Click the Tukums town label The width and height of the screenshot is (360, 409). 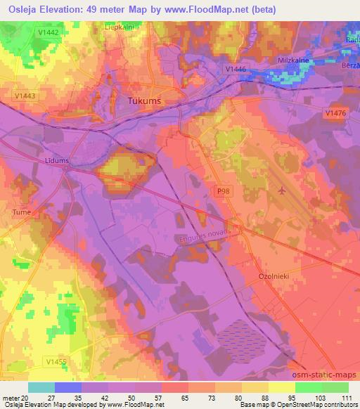point(143,100)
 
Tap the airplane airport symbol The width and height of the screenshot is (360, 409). point(282,190)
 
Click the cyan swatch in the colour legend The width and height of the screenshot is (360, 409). point(41,387)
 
